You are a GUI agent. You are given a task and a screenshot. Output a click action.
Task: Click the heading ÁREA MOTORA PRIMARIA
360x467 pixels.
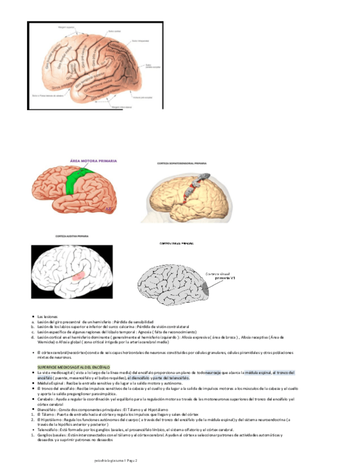[x=93, y=161]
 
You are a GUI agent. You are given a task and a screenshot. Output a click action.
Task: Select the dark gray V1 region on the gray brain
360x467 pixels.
[x=205, y=287]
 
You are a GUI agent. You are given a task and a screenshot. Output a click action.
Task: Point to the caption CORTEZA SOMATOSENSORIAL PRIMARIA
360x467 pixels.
[x=182, y=164]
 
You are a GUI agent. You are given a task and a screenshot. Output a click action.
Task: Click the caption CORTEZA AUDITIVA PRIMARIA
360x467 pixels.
[x=69, y=236]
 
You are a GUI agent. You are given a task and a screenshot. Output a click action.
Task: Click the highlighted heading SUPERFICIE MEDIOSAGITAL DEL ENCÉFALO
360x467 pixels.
[x=73, y=367]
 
